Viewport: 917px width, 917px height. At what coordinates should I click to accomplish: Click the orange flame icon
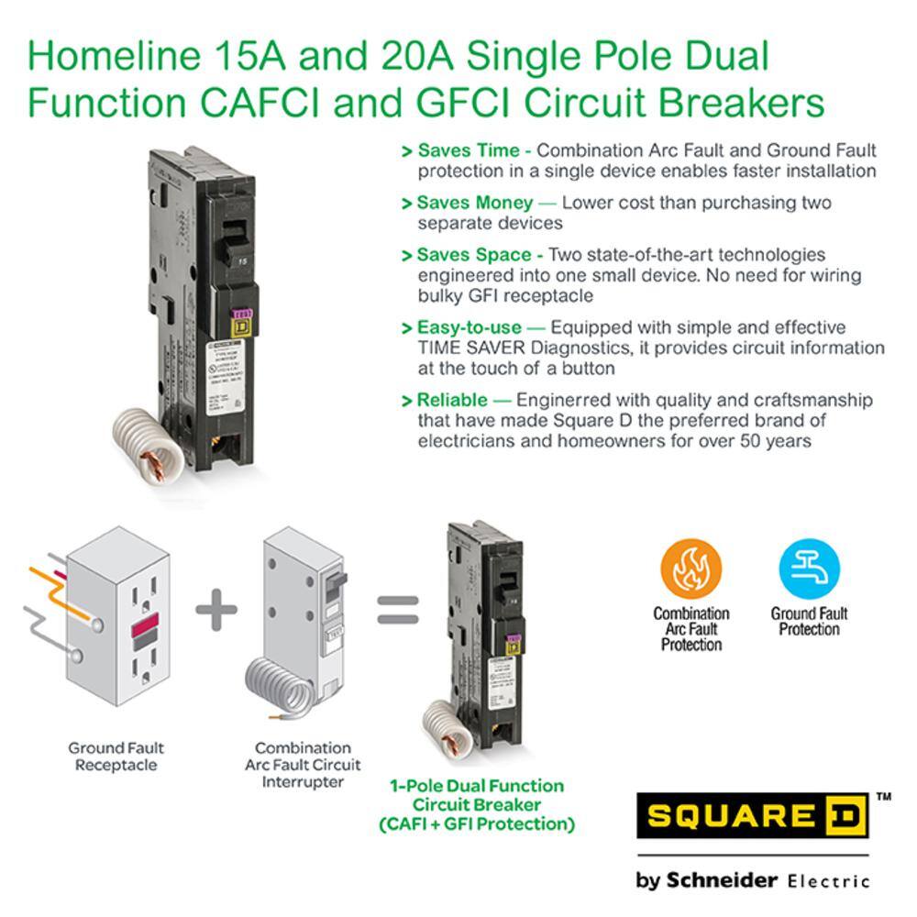point(691,569)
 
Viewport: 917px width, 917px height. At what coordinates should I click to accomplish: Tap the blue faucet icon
point(809,569)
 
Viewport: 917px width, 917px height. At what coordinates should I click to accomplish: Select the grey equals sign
point(398,610)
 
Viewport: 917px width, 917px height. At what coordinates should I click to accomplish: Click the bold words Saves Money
point(475,203)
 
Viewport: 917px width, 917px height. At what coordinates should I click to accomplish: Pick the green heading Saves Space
point(474,255)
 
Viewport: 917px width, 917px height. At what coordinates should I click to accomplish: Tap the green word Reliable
point(452,400)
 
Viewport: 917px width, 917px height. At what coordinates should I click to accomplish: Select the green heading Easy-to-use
point(470,327)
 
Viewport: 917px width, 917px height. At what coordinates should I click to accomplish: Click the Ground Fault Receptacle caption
point(116,757)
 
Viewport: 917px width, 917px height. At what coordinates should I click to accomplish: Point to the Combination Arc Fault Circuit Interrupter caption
point(303,765)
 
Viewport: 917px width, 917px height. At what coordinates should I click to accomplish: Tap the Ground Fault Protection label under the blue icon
point(809,621)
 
